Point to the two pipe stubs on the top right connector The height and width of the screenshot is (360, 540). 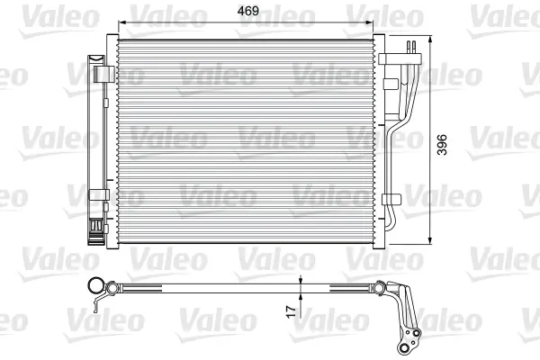412,48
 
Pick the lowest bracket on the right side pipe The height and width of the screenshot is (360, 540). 389,195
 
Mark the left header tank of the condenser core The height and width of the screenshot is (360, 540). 113,139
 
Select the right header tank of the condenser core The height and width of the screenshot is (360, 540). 378,139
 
